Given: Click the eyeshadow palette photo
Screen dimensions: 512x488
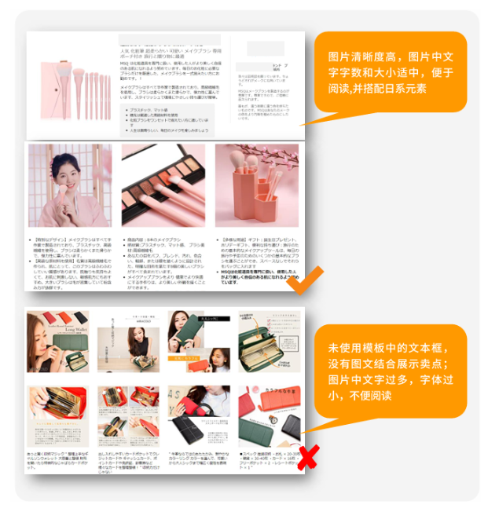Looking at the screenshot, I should (163, 185).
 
